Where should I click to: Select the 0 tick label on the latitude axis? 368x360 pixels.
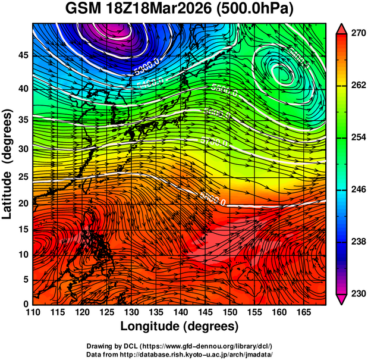coord(25,304)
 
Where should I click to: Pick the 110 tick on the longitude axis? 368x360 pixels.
coord(33,312)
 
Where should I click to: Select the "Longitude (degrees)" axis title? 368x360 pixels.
coord(180,326)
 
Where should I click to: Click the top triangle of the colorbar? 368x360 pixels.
coord(341,28)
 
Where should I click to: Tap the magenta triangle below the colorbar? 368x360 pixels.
coord(341,299)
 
